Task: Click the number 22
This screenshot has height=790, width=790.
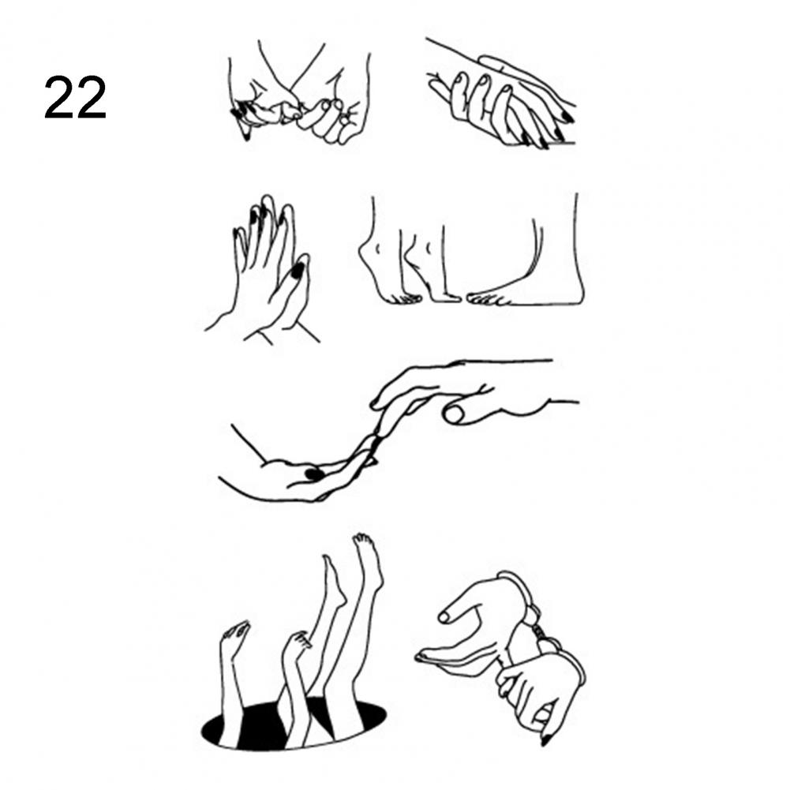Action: click(x=75, y=97)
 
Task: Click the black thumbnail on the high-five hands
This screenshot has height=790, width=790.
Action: click(x=298, y=270)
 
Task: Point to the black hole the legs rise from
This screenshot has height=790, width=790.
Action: click(x=294, y=725)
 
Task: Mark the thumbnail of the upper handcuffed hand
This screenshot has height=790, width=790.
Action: click(x=444, y=616)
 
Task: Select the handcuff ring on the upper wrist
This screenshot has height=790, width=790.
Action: click(x=519, y=594)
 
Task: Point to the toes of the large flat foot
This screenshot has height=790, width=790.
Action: click(x=488, y=299)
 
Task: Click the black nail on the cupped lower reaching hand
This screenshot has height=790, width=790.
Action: click(x=313, y=474)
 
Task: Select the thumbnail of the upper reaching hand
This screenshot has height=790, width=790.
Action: click(x=455, y=414)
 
